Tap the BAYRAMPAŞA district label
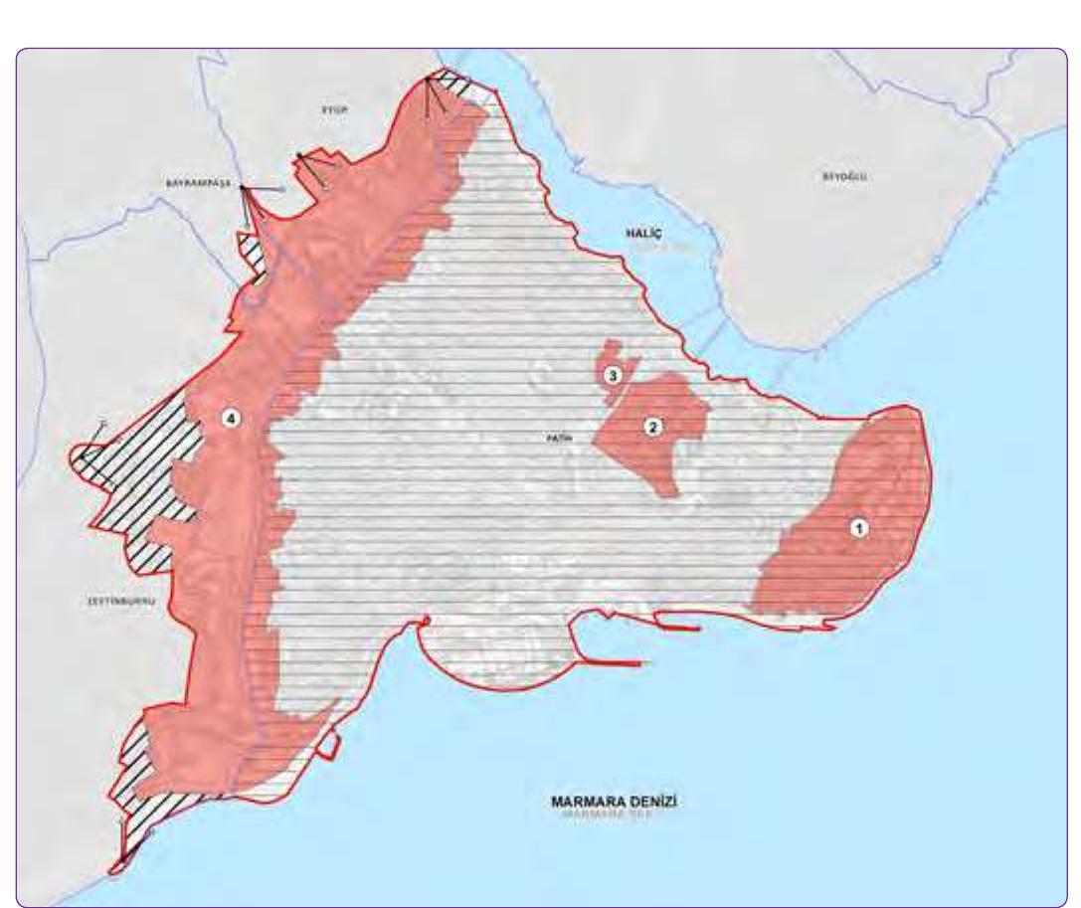(197, 184)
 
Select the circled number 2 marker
(653, 427)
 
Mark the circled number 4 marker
(231, 420)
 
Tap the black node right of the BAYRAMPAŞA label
(243, 187)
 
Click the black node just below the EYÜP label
(299, 154)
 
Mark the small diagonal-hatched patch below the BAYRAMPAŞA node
(249, 249)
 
